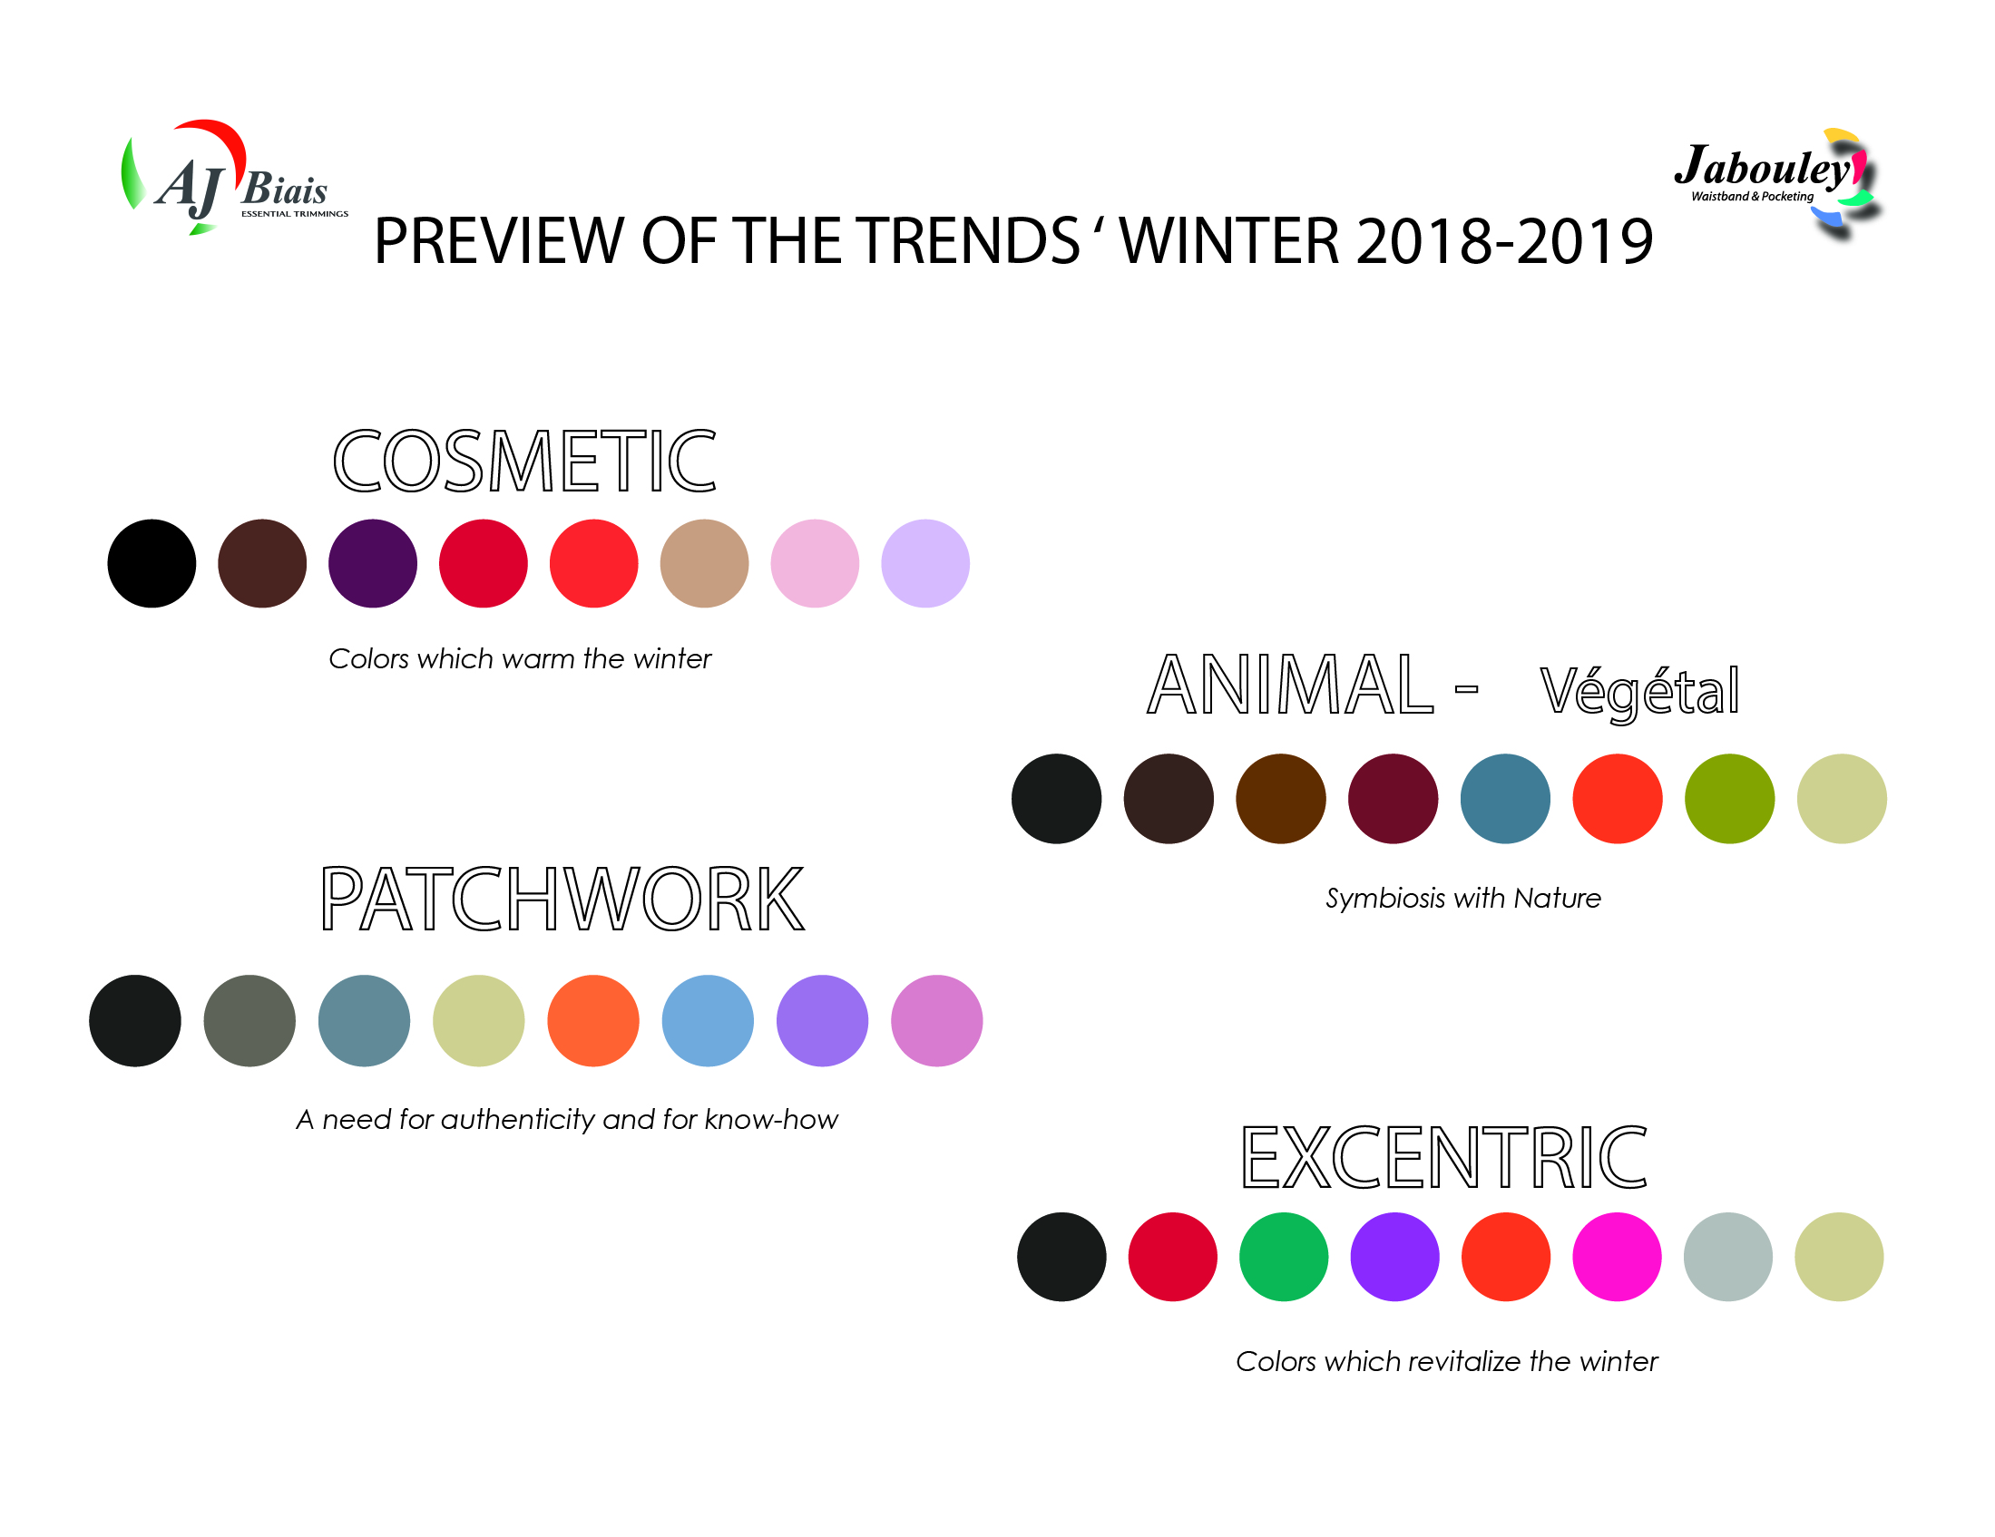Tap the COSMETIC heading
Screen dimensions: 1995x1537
524,462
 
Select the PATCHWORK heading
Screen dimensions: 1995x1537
562,899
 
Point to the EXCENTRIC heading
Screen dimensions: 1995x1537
1444,1157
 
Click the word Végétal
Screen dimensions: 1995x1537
1639,691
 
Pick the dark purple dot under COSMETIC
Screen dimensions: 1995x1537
373,563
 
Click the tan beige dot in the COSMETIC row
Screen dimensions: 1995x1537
704,563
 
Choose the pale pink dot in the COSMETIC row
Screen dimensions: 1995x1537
815,563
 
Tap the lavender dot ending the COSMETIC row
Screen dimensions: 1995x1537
925,563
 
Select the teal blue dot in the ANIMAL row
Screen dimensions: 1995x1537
1505,798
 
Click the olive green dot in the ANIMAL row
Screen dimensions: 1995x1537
1730,798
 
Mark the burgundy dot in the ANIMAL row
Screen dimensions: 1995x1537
1393,798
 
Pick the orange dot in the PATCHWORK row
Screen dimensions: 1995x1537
593,1021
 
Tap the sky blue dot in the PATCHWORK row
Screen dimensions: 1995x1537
708,1021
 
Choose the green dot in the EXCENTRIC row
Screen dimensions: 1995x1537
1284,1257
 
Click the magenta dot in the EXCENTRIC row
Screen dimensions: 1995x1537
1617,1257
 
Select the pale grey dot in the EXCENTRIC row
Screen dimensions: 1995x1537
1728,1257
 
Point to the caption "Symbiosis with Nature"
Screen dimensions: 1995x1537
1463,899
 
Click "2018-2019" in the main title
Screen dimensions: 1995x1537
1504,241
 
